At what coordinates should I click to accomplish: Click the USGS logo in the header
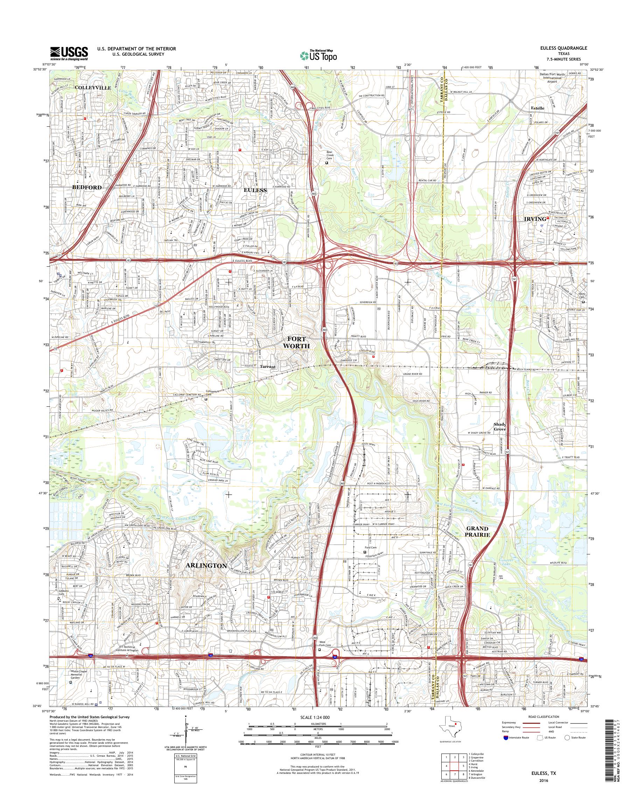69,54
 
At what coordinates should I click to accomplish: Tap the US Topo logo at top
318,55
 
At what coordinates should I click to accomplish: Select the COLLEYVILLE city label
93,87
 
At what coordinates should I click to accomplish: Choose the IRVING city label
535,219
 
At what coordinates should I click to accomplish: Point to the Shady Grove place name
500,427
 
